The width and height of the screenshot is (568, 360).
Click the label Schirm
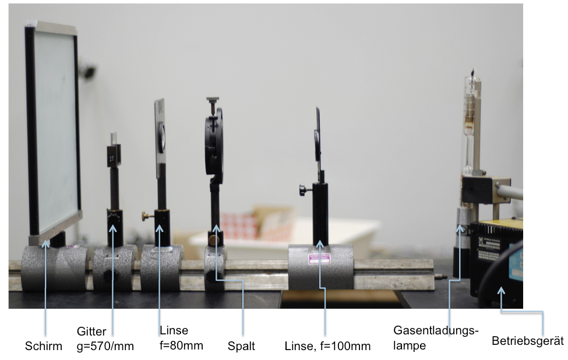(x=44, y=346)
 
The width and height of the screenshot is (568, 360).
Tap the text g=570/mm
(x=105, y=346)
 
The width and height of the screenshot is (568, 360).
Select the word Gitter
(x=91, y=331)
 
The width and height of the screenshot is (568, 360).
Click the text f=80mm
(x=181, y=345)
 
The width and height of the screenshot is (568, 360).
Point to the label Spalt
(x=241, y=346)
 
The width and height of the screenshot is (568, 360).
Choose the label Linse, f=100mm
(x=327, y=346)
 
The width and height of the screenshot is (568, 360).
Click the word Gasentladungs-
(x=436, y=331)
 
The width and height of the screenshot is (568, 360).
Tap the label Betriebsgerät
(x=528, y=341)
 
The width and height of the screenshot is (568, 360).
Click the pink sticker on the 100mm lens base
(x=319, y=259)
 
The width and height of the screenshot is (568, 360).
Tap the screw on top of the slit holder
(x=213, y=104)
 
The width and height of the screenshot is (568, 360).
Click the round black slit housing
(x=214, y=145)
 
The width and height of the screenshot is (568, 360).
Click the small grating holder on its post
(x=114, y=156)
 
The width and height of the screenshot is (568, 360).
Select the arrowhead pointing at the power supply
(x=500, y=291)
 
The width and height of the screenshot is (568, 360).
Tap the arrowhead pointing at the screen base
(x=45, y=243)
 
